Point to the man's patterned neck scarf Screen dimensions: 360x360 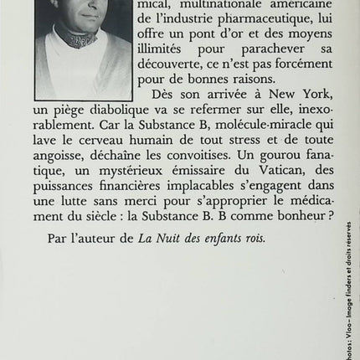pyautogui.click(x=83, y=41)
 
